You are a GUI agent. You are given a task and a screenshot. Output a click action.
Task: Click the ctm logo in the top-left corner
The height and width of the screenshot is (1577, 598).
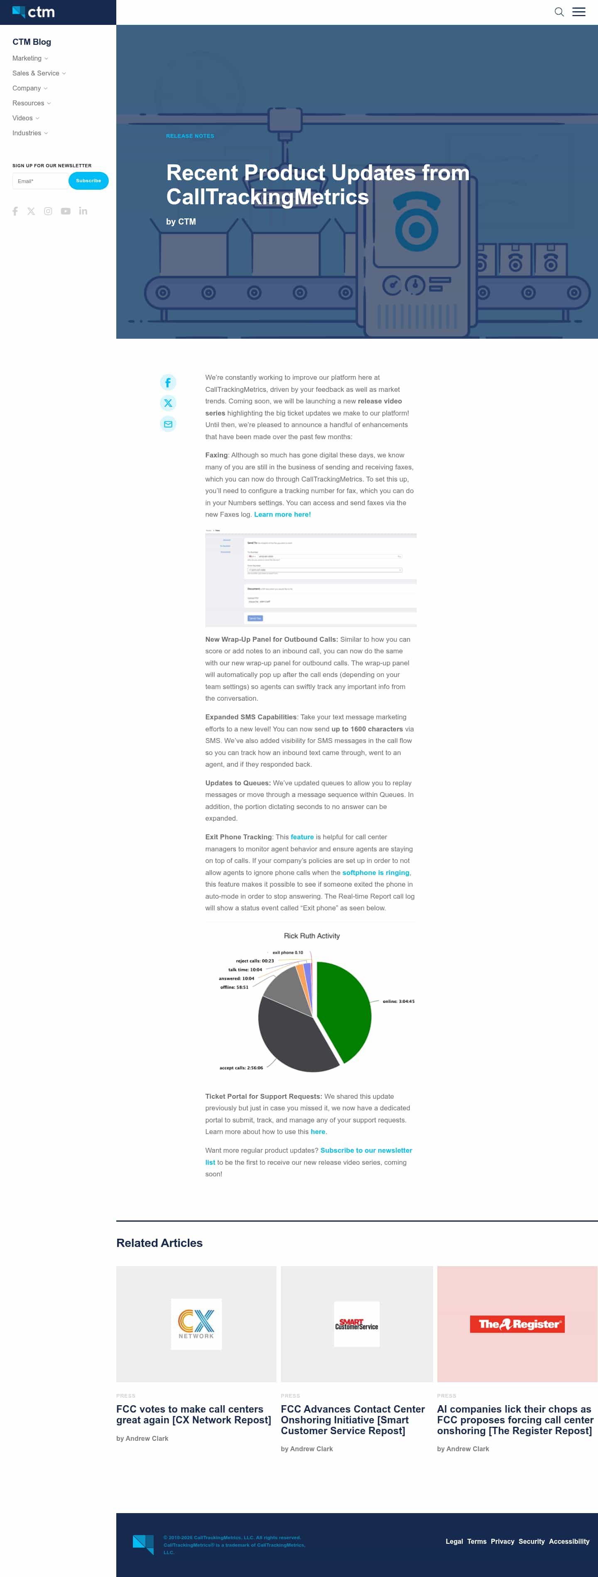pyautogui.click(x=34, y=12)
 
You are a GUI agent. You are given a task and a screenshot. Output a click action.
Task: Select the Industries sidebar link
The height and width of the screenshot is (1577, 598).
pyautogui.click(x=27, y=133)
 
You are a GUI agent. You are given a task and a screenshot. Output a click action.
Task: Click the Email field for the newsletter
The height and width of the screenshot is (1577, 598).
pyautogui.click(x=40, y=181)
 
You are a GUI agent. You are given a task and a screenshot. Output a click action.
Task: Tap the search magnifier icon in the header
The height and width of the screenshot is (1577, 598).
pyautogui.click(x=559, y=12)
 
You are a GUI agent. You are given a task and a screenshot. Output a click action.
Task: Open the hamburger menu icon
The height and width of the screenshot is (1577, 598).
pyautogui.click(x=578, y=12)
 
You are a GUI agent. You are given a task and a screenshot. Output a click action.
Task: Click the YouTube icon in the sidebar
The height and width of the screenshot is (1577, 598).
pyautogui.click(x=66, y=211)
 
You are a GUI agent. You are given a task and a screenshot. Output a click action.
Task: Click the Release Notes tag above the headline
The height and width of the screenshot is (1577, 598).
pyautogui.click(x=190, y=136)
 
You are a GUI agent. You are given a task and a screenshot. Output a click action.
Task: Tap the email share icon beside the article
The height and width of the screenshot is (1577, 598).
pyautogui.click(x=168, y=424)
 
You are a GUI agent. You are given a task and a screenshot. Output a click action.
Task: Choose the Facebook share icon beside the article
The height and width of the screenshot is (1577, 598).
pyautogui.click(x=168, y=383)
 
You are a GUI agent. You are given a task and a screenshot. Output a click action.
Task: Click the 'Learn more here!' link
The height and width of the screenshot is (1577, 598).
pyautogui.click(x=282, y=515)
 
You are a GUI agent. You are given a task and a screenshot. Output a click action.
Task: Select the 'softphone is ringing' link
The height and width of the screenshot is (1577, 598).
pyautogui.click(x=375, y=873)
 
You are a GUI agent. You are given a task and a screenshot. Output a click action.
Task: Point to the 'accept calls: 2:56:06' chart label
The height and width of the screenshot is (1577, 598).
pyautogui.click(x=241, y=1068)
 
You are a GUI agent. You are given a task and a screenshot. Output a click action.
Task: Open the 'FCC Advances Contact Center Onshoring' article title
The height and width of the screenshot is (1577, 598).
pyautogui.click(x=352, y=1420)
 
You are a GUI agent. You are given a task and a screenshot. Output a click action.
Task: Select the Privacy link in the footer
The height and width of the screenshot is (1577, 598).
pyautogui.click(x=502, y=1541)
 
